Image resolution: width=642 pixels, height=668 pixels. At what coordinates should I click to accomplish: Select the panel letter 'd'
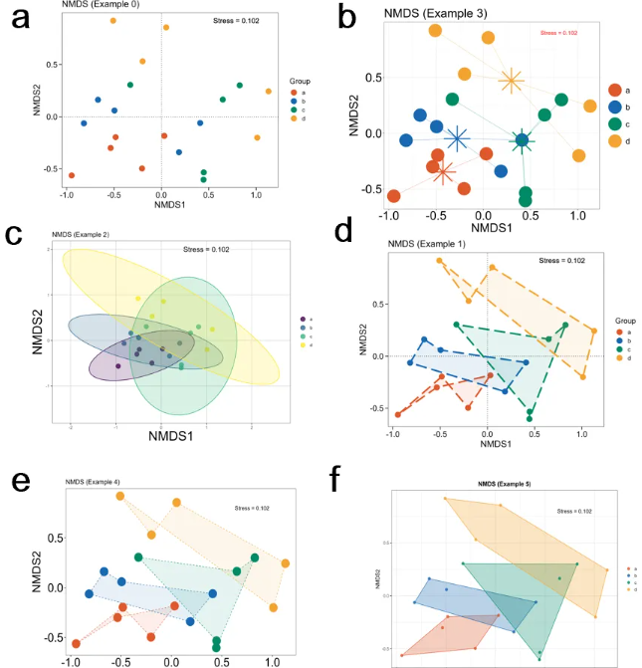[x=343, y=232]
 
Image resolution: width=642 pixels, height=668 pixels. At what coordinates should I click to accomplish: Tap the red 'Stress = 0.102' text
[x=558, y=33]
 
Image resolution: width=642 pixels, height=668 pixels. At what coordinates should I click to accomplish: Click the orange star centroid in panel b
[x=511, y=81]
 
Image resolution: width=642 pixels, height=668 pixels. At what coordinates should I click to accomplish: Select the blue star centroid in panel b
[x=457, y=138]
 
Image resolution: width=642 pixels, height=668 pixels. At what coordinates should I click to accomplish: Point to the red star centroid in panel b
[x=445, y=172]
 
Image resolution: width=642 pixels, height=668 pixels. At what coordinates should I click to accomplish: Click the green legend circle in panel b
[x=617, y=123]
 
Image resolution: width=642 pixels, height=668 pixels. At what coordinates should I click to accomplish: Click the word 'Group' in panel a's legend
[x=300, y=79]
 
